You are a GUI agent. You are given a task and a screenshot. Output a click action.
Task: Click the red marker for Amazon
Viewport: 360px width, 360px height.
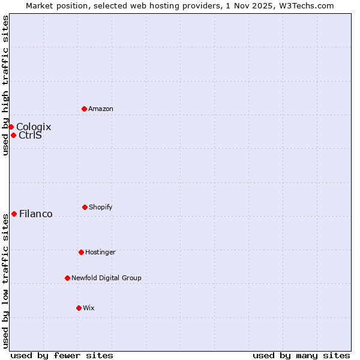pos(84,109)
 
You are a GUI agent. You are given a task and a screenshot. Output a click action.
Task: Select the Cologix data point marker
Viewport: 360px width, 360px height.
pos(11,127)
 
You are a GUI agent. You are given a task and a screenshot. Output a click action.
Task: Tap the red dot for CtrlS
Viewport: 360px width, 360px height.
pos(13,135)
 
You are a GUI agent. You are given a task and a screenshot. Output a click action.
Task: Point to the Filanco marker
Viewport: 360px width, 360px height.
pos(14,214)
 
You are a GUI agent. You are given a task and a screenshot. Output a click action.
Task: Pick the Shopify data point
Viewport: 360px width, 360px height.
pos(85,207)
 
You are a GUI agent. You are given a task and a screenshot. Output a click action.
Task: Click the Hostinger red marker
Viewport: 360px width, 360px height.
pos(81,252)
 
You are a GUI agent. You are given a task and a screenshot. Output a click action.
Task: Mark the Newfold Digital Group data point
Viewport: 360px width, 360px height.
pos(67,278)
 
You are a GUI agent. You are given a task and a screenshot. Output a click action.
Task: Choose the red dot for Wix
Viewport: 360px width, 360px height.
pos(79,308)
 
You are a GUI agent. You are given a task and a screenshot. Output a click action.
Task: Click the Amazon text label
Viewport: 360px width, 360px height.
pos(101,109)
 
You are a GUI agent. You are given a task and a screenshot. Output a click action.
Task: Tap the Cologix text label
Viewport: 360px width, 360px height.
pos(34,127)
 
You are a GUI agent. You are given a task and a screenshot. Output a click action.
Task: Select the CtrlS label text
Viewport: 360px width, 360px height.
pos(30,135)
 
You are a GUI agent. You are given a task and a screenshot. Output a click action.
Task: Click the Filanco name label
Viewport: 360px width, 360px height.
pos(36,214)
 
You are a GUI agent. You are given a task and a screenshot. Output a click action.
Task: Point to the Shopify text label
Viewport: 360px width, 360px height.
pos(101,207)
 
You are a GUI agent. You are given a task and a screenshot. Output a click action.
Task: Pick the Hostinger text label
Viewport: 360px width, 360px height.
pos(100,252)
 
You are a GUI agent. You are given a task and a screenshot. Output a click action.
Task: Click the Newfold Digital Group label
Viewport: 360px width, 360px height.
pos(106,278)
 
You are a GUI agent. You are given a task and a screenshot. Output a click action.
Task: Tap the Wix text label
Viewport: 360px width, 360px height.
pos(89,308)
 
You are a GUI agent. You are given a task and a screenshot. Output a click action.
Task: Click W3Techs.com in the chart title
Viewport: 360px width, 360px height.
pos(305,5)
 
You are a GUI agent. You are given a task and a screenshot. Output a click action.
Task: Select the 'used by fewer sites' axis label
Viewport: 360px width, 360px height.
pos(62,355)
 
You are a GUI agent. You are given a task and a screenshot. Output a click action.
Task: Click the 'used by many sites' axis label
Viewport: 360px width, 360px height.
pos(301,355)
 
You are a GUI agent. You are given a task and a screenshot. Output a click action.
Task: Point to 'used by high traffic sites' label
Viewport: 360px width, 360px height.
pos(5,85)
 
